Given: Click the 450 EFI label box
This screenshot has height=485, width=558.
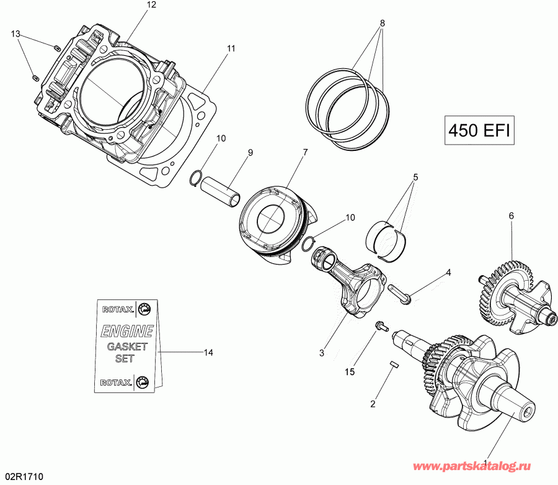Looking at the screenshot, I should [480, 130].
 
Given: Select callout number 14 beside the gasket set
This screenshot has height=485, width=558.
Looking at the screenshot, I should [208, 352].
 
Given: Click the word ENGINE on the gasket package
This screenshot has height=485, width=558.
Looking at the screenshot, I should [126, 330].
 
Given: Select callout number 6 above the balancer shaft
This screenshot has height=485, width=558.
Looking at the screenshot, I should [511, 215].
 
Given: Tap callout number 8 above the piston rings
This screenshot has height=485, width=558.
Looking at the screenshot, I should [382, 23].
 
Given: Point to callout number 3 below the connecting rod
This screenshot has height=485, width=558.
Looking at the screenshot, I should [322, 353].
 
